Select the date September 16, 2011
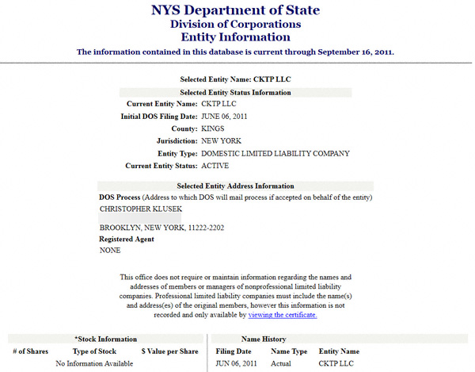(x=349, y=52)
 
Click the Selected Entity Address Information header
(x=235, y=186)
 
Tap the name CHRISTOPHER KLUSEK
(x=141, y=208)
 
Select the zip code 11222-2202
(x=206, y=228)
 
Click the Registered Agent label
(x=127, y=239)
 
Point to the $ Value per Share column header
(x=169, y=351)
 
